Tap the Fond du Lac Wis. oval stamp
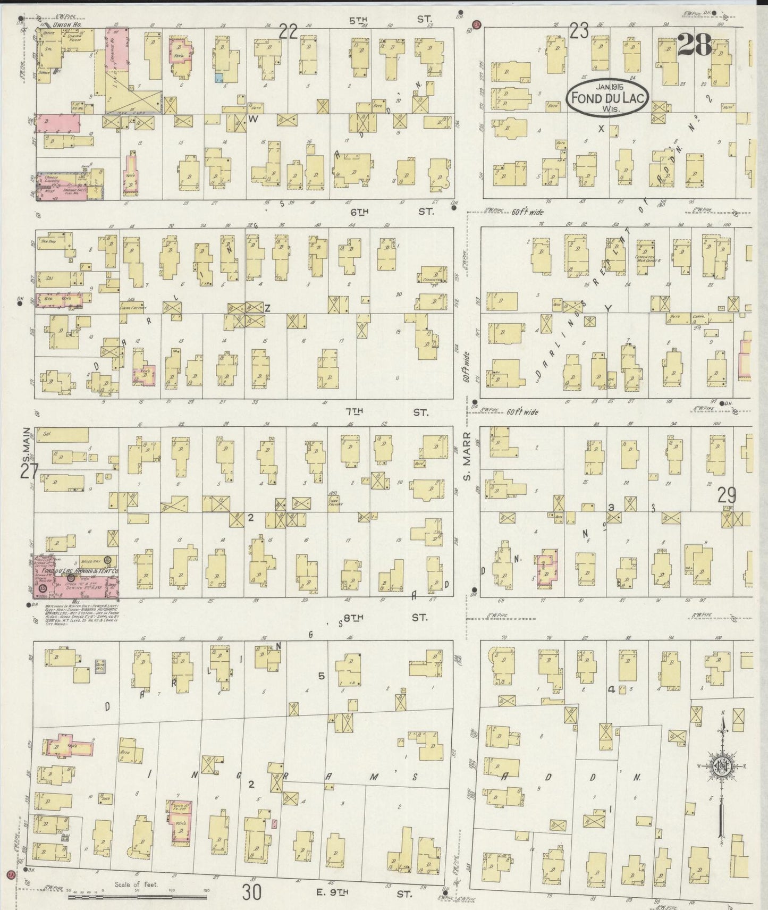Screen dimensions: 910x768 (x=607, y=97)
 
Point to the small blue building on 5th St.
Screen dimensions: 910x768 (x=218, y=78)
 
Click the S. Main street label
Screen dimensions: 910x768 (x=25, y=442)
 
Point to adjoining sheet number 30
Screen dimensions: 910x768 (x=251, y=892)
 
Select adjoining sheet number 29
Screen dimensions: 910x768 (x=727, y=495)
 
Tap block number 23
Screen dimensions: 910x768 (x=579, y=32)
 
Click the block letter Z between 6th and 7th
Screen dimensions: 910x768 (x=268, y=307)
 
